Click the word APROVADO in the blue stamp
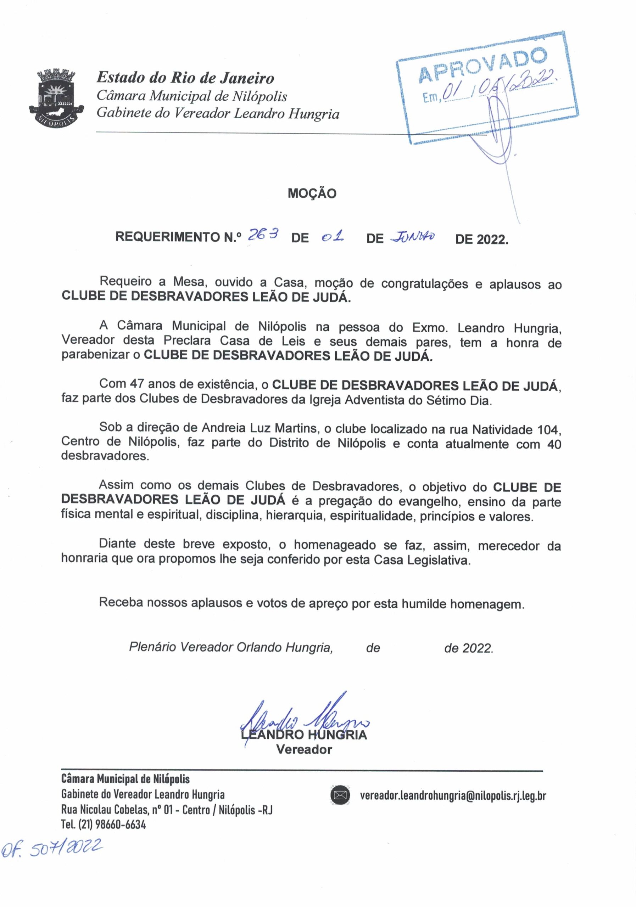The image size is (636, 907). [483, 65]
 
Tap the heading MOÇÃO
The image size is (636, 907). [312, 193]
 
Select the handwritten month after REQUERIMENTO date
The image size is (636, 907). [412, 237]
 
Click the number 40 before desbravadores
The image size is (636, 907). [553, 444]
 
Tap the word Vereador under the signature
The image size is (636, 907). [304, 749]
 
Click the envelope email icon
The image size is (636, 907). [340, 795]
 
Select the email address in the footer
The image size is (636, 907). [453, 795]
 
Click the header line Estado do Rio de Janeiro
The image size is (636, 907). [185, 78]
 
